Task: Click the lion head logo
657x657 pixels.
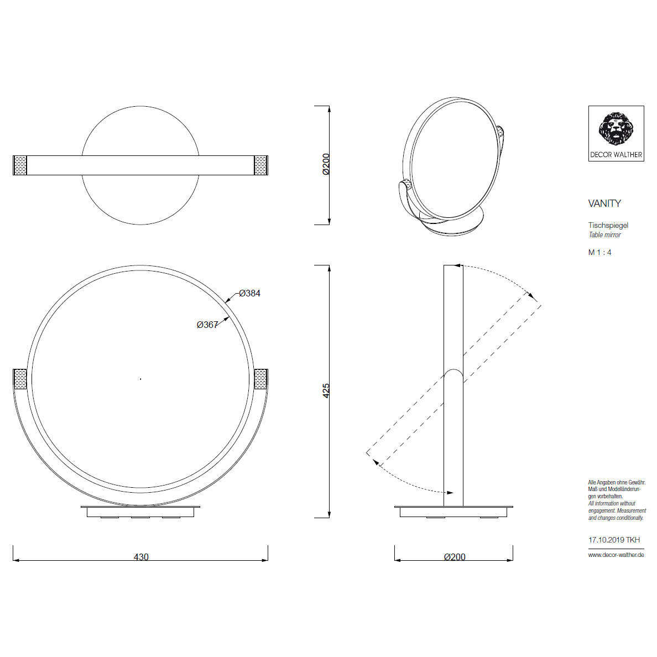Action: pyautogui.click(x=616, y=128)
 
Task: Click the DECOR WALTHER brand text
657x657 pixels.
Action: pyautogui.click(x=616, y=155)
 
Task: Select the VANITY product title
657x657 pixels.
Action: pyautogui.click(x=604, y=204)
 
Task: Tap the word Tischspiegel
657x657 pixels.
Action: pyautogui.click(x=608, y=226)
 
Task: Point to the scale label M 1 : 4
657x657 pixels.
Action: pyautogui.click(x=599, y=252)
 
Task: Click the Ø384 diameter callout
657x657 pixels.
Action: pyautogui.click(x=250, y=293)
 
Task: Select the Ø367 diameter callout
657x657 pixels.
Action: pyautogui.click(x=207, y=324)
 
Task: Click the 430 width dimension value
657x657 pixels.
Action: pyautogui.click(x=141, y=557)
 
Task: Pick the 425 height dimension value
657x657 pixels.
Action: pyautogui.click(x=326, y=390)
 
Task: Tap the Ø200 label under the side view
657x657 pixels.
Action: pyautogui.click(x=455, y=557)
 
